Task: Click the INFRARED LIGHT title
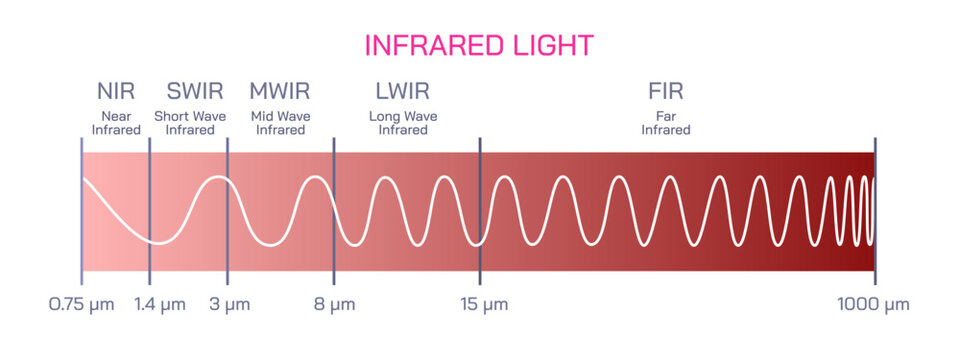479,45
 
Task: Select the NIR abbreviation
115,92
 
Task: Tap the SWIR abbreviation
190,92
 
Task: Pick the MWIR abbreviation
280,92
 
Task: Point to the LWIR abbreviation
403,92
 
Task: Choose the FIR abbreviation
665,92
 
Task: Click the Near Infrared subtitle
115,123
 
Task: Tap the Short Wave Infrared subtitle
190,123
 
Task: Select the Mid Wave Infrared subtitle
280,123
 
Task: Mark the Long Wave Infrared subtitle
403,123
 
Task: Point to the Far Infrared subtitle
665,123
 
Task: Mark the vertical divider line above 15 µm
480,210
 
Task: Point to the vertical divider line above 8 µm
333,210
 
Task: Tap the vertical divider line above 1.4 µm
149,210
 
